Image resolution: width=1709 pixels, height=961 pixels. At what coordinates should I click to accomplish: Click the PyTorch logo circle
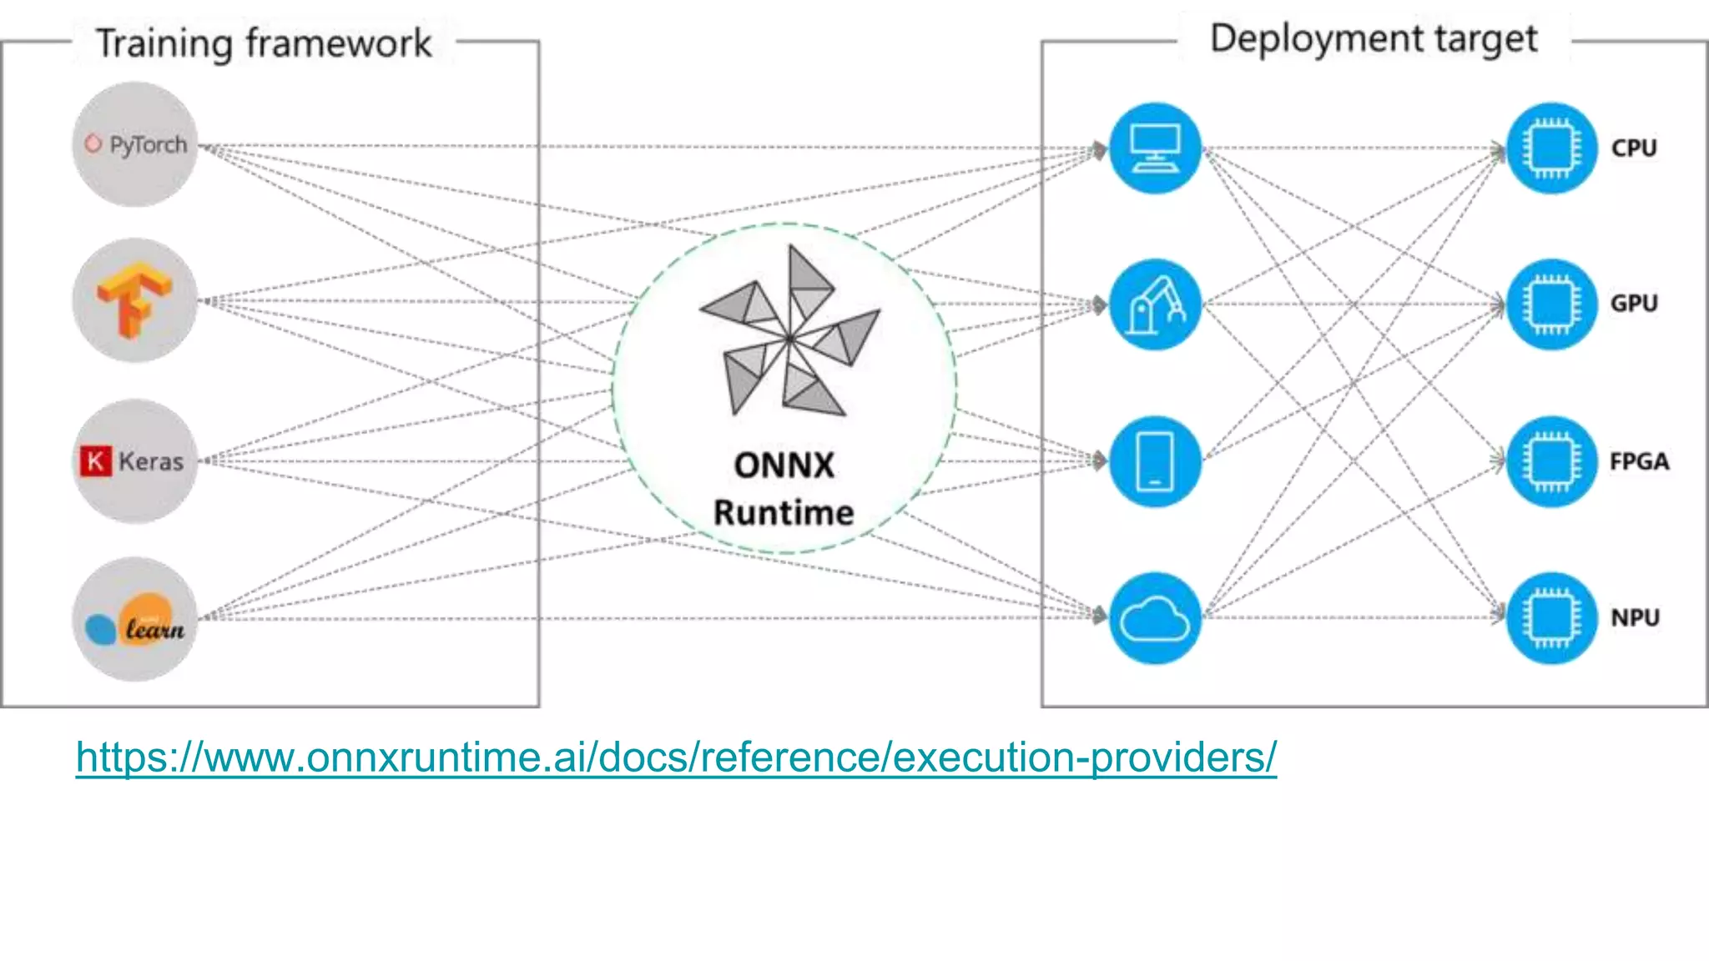point(135,144)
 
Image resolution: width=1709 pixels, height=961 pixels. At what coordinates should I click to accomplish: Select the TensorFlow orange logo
point(134,300)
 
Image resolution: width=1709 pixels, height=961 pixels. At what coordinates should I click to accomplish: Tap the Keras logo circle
point(135,460)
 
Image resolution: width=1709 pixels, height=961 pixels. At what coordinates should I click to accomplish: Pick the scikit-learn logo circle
point(135,619)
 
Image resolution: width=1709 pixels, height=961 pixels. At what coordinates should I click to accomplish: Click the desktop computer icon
point(1155,148)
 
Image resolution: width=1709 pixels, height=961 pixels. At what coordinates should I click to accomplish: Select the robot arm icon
point(1155,304)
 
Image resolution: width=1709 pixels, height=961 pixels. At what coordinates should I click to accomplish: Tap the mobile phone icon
point(1155,461)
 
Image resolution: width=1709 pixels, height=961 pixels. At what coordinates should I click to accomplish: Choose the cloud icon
point(1155,618)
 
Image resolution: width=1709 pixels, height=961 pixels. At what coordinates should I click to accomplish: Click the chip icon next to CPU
point(1551,148)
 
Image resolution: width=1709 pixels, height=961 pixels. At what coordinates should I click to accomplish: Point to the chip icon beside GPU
point(1551,304)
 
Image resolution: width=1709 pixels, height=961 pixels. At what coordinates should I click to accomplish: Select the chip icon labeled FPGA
point(1551,461)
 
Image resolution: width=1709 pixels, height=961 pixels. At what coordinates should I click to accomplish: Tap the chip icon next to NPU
point(1551,618)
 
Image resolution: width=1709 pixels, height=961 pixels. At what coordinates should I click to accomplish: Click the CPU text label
point(1633,148)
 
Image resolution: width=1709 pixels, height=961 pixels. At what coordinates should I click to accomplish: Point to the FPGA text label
point(1639,461)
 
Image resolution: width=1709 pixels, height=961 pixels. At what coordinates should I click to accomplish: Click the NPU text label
point(1635,618)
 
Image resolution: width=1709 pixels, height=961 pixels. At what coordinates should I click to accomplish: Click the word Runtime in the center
point(784,512)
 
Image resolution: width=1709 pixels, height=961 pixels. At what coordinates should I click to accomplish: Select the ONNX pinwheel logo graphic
point(789,334)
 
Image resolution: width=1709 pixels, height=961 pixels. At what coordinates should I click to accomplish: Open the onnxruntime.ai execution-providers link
point(676,757)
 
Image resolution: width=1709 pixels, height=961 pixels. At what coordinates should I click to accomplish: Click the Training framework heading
point(264,43)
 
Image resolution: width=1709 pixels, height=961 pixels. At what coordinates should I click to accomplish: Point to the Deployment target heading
point(1374,38)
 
